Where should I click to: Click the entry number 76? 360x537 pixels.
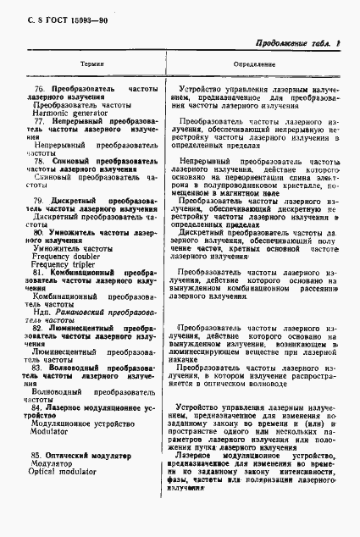pyautogui.click(x=38, y=88)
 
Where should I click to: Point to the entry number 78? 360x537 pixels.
pyautogui.click(x=37, y=160)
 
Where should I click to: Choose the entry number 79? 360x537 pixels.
pyautogui.click(x=38, y=200)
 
